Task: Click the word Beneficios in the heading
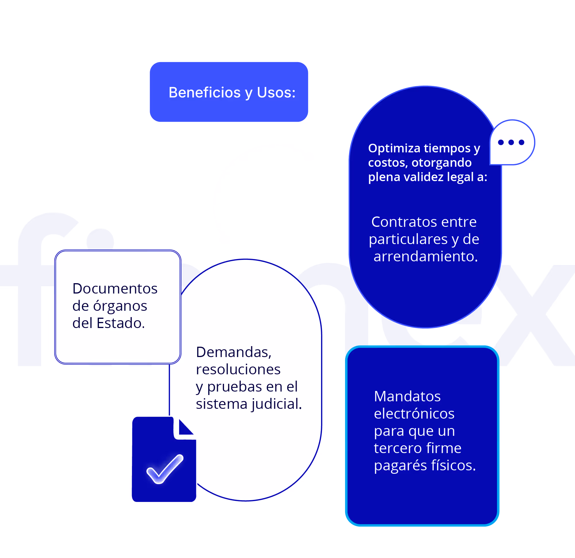(204, 92)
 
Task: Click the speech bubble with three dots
(512, 142)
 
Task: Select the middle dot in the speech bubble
(511, 142)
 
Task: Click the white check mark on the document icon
(165, 469)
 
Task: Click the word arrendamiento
(426, 256)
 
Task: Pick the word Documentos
(115, 288)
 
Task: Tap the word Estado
(120, 323)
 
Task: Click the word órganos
(120, 306)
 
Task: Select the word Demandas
(234, 352)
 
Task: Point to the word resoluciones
(238, 369)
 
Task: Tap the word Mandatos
(407, 396)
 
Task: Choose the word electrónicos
(414, 413)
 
